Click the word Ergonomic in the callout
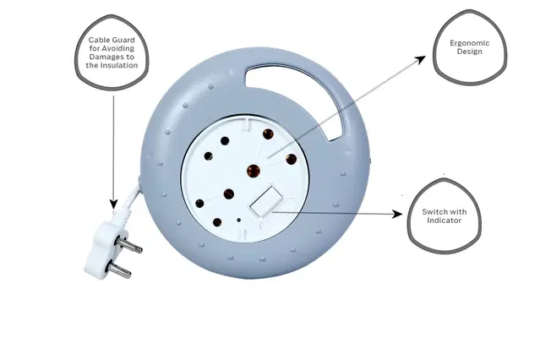(469, 43)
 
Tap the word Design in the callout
(469, 52)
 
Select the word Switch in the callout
(434, 212)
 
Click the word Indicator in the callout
(444, 221)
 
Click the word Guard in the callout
(123, 40)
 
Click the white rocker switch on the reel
(266, 202)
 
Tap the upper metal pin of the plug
(128, 245)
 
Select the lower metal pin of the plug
(119, 270)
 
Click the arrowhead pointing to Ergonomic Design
(420, 60)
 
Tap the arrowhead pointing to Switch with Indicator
(397, 215)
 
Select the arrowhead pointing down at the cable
(113, 204)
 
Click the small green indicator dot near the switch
(238, 220)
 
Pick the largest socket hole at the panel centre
(254, 171)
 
